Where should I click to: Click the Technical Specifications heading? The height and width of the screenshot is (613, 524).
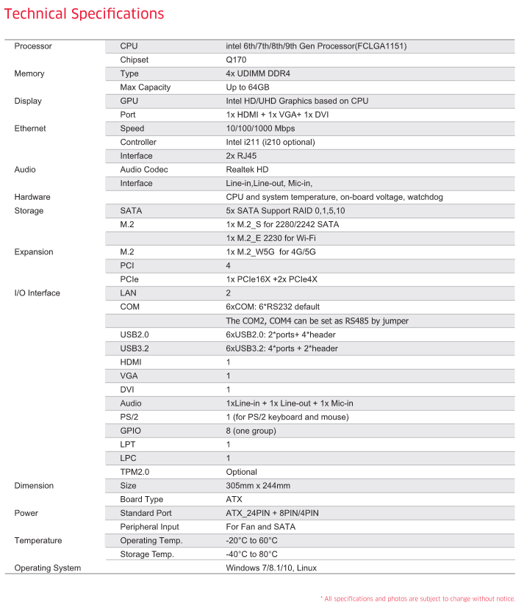click(x=85, y=14)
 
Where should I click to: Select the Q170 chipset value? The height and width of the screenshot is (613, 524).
click(x=235, y=60)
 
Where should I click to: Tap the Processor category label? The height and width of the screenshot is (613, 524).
click(x=33, y=46)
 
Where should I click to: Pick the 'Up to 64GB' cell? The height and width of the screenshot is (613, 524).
click(x=249, y=87)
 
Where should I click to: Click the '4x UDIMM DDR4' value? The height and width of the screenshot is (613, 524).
click(x=258, y=74)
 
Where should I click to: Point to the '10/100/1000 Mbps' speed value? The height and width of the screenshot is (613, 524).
click(x=260, y=129)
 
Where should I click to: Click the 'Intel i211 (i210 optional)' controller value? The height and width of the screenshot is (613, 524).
click(x=270, y=142)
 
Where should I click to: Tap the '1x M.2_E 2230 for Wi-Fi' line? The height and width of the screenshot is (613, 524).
click(x=271, y=238)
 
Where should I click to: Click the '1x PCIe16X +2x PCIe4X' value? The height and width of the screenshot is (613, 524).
click(x=271, y=279)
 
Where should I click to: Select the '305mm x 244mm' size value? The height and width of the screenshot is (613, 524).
click(x=258, y=486)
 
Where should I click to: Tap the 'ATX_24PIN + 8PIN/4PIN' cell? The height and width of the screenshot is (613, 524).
click(x=272, y=513)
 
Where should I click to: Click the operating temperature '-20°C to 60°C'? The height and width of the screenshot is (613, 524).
click(x=251, y=541)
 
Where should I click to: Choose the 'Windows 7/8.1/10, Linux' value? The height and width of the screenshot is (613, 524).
click(x=271, y=568)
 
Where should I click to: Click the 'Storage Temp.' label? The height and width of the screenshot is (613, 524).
click(x=147, y=554)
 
